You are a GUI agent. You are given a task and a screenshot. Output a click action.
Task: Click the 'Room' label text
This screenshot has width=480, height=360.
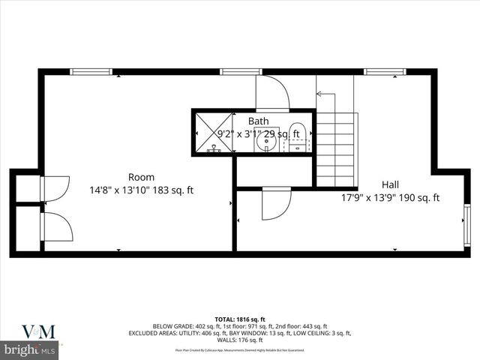click(x=141, y=178)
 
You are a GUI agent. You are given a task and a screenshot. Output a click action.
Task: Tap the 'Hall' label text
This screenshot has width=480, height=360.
click(x=390, y=184)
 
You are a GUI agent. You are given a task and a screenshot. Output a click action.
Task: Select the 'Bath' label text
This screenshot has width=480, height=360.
click(x=259, y=121)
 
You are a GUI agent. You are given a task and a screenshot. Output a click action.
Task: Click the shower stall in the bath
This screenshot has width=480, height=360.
click(x=213, y=133)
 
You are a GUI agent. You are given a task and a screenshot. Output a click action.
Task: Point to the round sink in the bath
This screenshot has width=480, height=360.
click(x=265, y=139)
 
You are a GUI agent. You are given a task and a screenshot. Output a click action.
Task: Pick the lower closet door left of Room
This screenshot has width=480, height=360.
click(x=57, y=226)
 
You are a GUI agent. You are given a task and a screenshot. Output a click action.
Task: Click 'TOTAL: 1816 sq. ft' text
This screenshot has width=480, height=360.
click(x=240, y=319)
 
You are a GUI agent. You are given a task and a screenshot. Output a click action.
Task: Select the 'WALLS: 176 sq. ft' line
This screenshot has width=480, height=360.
click(x=240, y=340)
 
